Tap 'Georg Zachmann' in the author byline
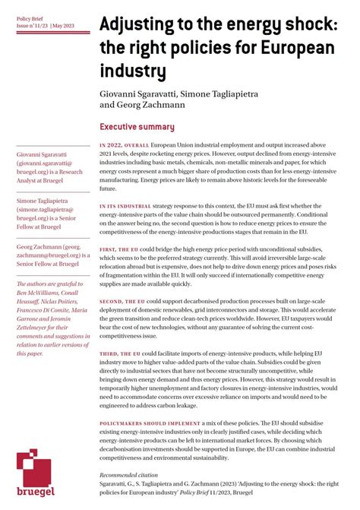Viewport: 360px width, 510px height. click(x=151, y=105)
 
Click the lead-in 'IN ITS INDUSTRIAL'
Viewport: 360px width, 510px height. click(x=125, y=205)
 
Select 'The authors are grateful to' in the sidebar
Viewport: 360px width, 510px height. click(x=49, y=284)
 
